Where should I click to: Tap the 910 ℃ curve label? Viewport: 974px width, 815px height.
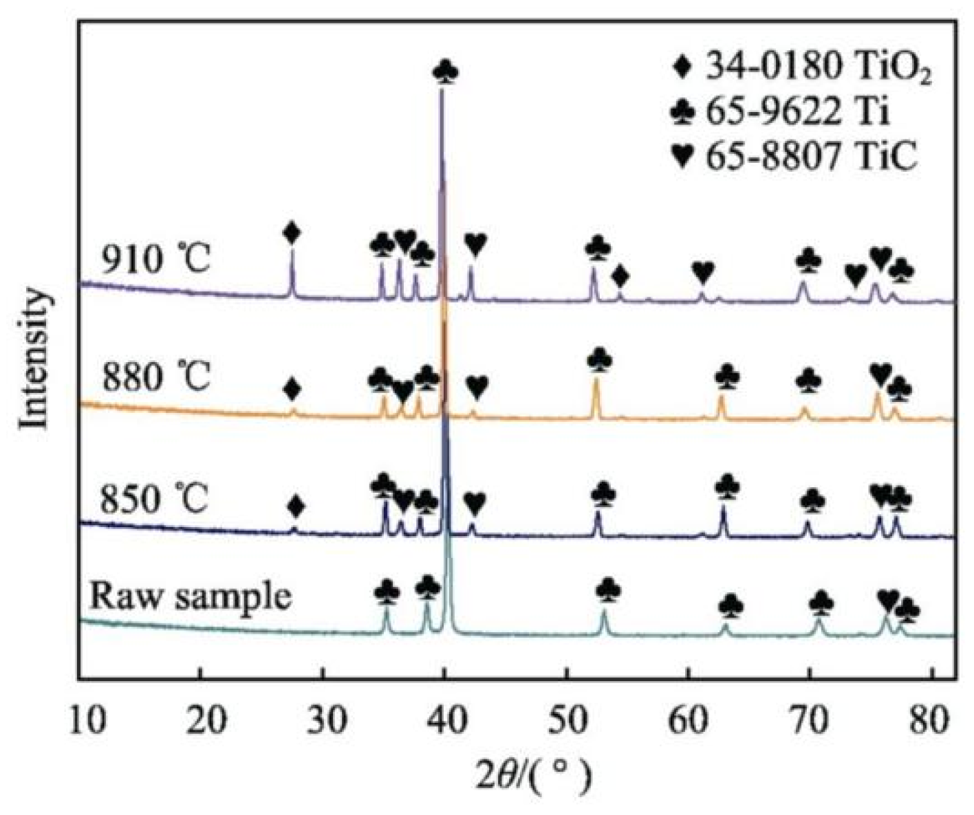click(x=155, y=261)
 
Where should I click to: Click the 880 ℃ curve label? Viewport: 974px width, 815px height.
click(x=155, y=377)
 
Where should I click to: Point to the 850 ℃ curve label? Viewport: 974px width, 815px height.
click(x=155, y=499)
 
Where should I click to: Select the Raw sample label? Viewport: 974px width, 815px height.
click(x=190, y=596)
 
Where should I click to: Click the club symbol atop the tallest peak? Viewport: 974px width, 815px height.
click(x=446, y=72)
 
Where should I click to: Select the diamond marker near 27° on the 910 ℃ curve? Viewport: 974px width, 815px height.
click(x=292, y=234)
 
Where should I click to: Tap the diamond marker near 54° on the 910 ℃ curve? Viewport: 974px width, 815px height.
click(x=620, y=277)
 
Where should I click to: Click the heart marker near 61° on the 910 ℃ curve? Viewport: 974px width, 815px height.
click(x=702, y=273)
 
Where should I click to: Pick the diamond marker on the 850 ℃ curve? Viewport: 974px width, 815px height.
click(x=296, y=507)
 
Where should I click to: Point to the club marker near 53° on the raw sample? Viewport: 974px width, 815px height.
click(x=609, y=590)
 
